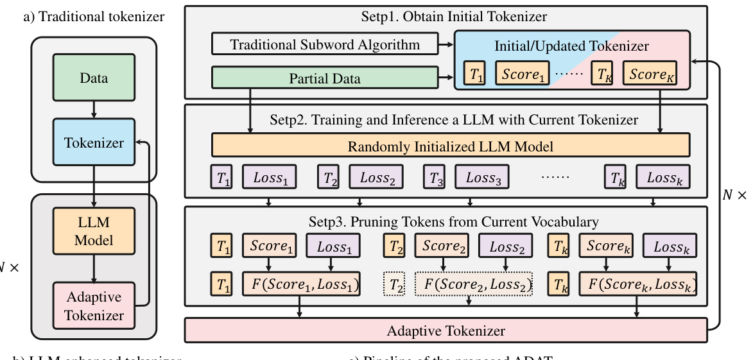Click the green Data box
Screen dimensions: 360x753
tap(94, 78)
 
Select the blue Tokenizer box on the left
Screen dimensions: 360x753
tap(94, 142)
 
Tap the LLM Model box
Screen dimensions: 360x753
tap(94, 232)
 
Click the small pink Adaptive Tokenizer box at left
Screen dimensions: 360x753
tap(94, 306)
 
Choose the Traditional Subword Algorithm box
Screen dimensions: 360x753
tap(325, 45)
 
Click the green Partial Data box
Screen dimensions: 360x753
tap(325, 78)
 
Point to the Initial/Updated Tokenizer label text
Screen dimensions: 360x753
tap(571, 46)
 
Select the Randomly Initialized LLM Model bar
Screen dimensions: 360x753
tap(450, 146)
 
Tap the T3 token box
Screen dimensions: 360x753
tap(435, 178)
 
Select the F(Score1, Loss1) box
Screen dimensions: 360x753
tap(301, 283)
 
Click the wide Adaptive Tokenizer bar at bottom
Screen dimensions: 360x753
tap(446, 331)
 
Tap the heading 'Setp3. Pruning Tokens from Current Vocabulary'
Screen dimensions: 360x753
tap(446, 222)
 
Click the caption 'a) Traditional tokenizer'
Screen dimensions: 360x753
tap(94, 17)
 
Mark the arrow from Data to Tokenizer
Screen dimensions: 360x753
tap(94, 110)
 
